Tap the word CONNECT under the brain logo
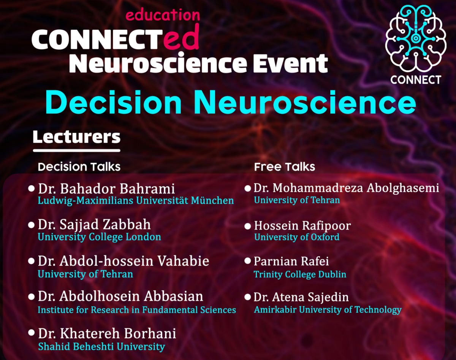coord(415,80)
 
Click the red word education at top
coord(162,15)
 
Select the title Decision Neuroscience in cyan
coord(230,103)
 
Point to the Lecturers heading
coord(76,137)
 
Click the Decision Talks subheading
coord(79,167)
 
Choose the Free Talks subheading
coord(285,167)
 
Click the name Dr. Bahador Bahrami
coord(106,189)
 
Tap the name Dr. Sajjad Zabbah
coord(94,225)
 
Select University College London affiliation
coord(99,237)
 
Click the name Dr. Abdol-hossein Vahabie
coord(123,262)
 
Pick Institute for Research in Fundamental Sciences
coord(137,310)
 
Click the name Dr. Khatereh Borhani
coord(107,333)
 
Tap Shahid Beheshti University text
coord(101,346)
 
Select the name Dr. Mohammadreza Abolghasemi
coord(346,188)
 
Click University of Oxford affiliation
coord(297,237)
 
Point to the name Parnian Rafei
coord(291,262)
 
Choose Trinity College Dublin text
coord(300,274)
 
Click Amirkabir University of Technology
coord(328,310)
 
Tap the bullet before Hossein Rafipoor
coord(247,226)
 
